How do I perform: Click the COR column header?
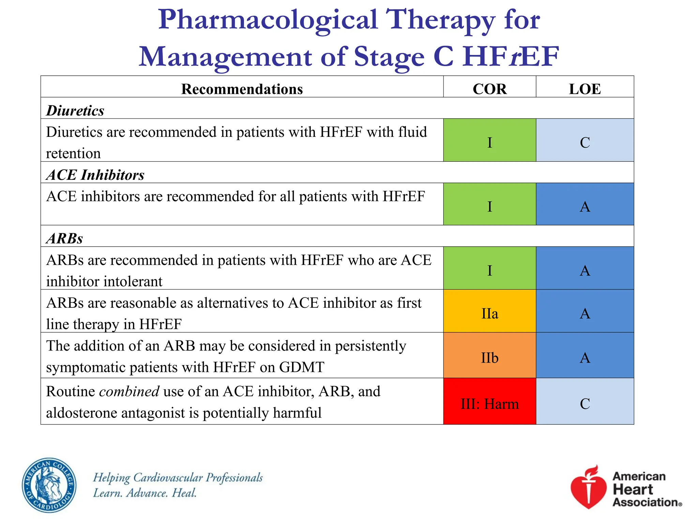tap(489, 89)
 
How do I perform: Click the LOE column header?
tap(585, 89)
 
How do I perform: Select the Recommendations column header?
tap(242, 89)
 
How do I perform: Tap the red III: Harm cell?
tap(489, 404)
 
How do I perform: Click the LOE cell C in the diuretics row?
tap(585, 142)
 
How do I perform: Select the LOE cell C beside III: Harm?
tap(585, 404)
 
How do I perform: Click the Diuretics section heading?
tap(75, 111)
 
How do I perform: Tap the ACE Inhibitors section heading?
tap(95, 175)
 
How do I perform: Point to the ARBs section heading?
tap(64, 238)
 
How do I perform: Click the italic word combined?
tap(129, 391)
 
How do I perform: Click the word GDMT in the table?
tap(301, 367)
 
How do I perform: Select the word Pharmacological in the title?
tap(268, 20)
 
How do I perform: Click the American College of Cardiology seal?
tap(49, 485)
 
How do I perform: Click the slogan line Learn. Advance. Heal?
tap(145, 493)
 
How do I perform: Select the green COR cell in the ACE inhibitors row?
tap(489, 206)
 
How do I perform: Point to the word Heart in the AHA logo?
tap(633, 489)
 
